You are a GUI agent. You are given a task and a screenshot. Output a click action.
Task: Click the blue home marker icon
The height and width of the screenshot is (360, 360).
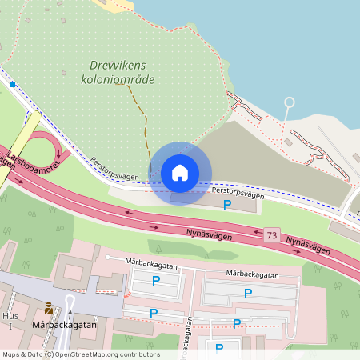click(x=179, y=173)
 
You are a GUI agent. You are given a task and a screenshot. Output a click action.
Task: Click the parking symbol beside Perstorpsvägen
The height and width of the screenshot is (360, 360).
click(x=227, y=206)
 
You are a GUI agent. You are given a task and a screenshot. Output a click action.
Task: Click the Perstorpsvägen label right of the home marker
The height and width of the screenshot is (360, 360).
click(x=238, y=193)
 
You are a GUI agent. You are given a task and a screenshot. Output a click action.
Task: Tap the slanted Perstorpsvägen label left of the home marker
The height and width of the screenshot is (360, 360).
click(x=114, y=167)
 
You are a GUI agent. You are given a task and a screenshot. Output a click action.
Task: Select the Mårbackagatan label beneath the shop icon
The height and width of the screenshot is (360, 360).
click(x=65, y=326)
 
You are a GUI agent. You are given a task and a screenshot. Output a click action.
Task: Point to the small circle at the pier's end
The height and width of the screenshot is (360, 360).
click(x=290, y=102)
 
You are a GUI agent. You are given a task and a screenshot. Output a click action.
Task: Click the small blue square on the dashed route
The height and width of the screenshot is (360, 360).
click(x=14, y=84)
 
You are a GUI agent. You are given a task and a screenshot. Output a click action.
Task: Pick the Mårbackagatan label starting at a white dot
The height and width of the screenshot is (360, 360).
click(x=155, y=262)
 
